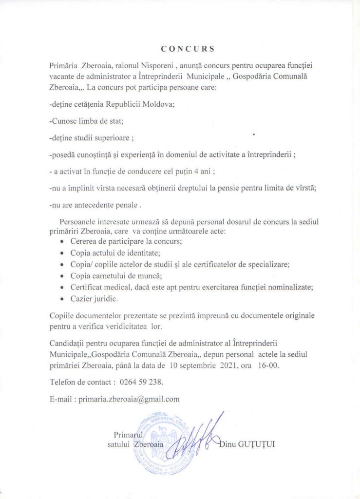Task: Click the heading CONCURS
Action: tap(188, 49)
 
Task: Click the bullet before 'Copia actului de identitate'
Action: tap(61, 253)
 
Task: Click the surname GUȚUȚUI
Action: tap(257, 444)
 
